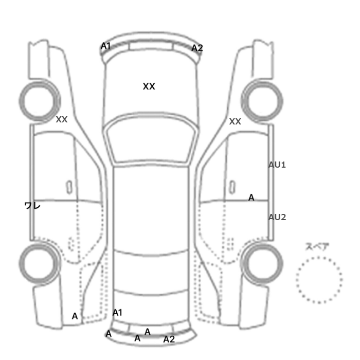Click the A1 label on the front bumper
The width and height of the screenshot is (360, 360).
pos(105,46)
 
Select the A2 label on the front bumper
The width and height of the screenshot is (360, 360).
pos(197,48)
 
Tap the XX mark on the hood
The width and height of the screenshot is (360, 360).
pos(149,86)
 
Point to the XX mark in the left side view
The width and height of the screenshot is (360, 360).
pos(62,119)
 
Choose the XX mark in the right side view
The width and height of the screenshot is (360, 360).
pos(235,121)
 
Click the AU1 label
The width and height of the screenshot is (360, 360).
pos(277,165)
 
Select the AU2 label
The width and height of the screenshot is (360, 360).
pos(277,217)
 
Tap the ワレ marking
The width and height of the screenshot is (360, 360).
pos(32,206)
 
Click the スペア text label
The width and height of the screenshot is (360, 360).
pos(317,247)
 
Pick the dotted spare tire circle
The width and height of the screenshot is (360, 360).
pos(319,258)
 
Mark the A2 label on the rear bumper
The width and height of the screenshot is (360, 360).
pos(169,339)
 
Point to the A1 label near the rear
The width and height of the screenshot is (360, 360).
pos(117,313)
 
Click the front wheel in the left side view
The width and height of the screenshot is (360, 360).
pos(40,84)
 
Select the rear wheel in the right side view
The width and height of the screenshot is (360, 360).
pos(262,244)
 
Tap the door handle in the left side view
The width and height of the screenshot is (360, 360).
pos(69,187)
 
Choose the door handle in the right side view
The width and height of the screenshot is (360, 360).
pos(232,187)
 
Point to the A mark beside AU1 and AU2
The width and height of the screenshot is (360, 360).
pos(251,197)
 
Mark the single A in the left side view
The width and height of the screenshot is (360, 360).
pos(75,316)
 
